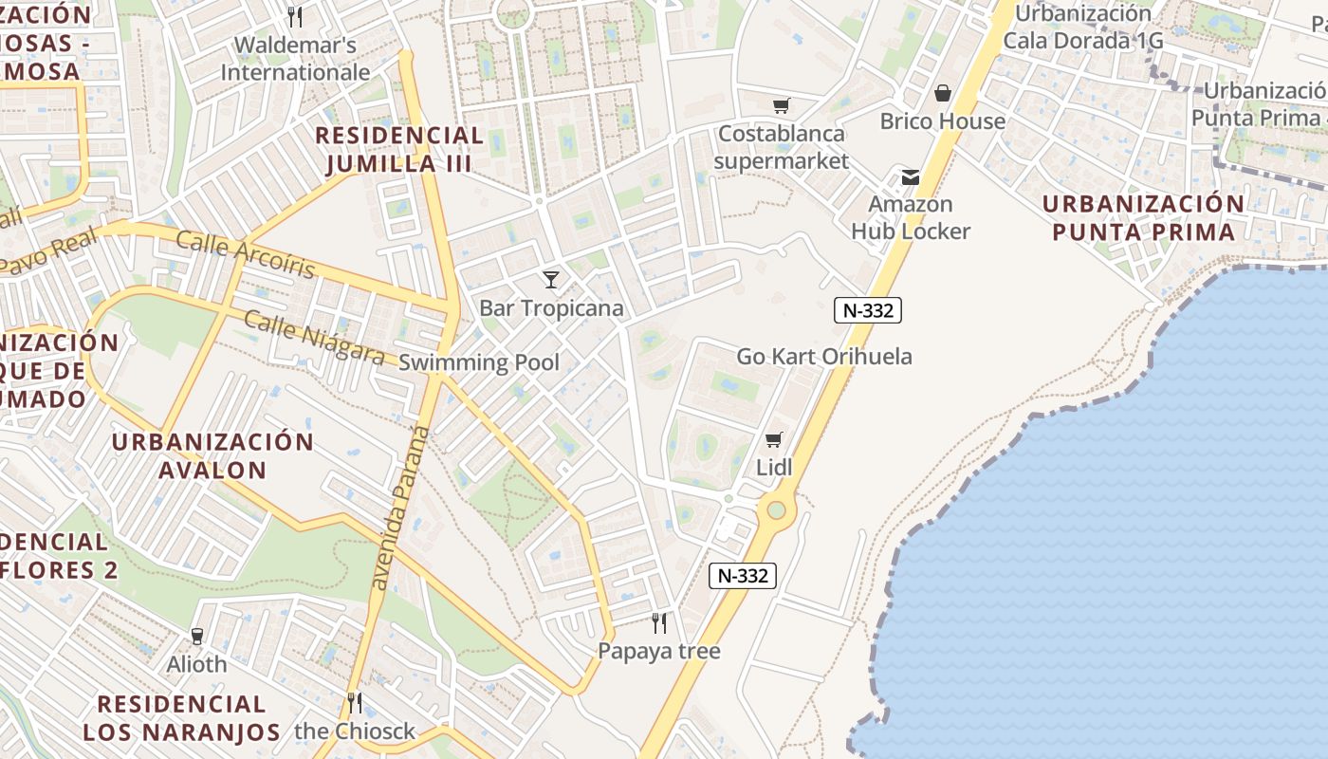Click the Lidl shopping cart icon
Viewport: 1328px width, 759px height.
pyautogui.click(x=774, y=439)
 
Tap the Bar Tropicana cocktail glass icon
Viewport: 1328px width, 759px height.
pyautogui.click(x=550, y=279)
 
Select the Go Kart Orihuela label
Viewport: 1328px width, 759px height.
pyautogui.click(x=824, y=357)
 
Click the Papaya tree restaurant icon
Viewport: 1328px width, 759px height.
pyautogui.click(x=659, y=623)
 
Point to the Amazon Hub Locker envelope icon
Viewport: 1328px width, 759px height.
pyautogui.click(x=911, y=176)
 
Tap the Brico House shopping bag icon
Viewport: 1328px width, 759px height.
pyautogui.click(x=942, y=93)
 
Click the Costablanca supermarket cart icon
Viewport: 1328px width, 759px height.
pyautogui.click(x=781, y=105)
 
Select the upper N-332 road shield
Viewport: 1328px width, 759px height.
pyautogui.click(x=867, y=309)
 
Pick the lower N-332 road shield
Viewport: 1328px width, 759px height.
pyautogui.click(x=743, y=575)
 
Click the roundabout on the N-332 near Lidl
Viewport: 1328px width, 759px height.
pyautogui.click(x=776, y=510)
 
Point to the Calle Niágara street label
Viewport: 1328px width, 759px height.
pyautogui.click(x=314, y=337)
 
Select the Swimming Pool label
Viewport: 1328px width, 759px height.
pyautogui.click(x=479, y=362)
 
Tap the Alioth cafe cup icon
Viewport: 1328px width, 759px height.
pyautogui.click(x=197, y=636)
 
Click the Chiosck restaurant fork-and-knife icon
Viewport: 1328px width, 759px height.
pyautogui.click(x=355, y=703)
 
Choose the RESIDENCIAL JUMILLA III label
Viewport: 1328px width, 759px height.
pyautogui.click(x=399, y=150)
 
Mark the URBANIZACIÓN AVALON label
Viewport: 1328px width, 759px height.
pyautogui.click(x=212, y=455)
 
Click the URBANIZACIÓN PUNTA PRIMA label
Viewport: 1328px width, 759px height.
pyautogui.click(x=1143, y=217)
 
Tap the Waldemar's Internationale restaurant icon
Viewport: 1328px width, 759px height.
pyautogui.click(x=295, y=16)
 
